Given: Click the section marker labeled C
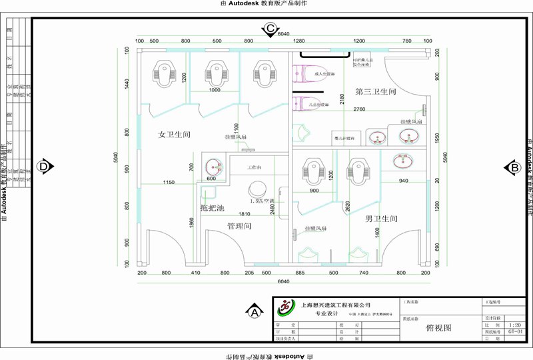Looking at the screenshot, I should click(x=270, y=29).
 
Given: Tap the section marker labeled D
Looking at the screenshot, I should click(x=44, y=166).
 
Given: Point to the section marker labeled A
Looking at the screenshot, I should click(x=253, y=311).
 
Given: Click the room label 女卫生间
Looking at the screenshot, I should click(x=174, y=135).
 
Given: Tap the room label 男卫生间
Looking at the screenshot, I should click(x=382, y=219).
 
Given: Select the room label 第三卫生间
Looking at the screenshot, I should click(x=376, y=91).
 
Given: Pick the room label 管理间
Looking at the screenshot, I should click(x=239, y=226).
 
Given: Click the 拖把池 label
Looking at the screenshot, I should click(x=213, y=209).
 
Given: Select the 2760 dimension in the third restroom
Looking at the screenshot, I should click(x=359, y=109).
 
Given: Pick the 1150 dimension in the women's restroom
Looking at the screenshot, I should click(x=169, y=182).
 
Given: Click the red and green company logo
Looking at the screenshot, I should click(x=286, y=307).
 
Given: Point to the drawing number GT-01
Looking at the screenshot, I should click(x=514, y=331).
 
